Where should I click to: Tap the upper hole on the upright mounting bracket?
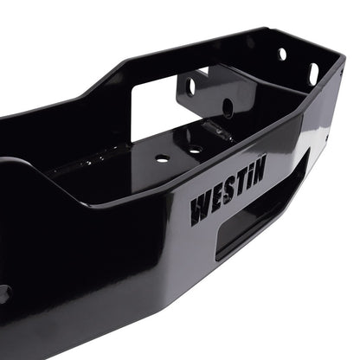(190, 86)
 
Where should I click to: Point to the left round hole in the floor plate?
(162, 158)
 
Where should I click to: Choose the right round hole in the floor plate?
(195, 149)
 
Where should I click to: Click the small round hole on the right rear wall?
(283, 54)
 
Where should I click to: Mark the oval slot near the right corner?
(313, 74)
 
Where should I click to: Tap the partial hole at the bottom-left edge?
(3, 293)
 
